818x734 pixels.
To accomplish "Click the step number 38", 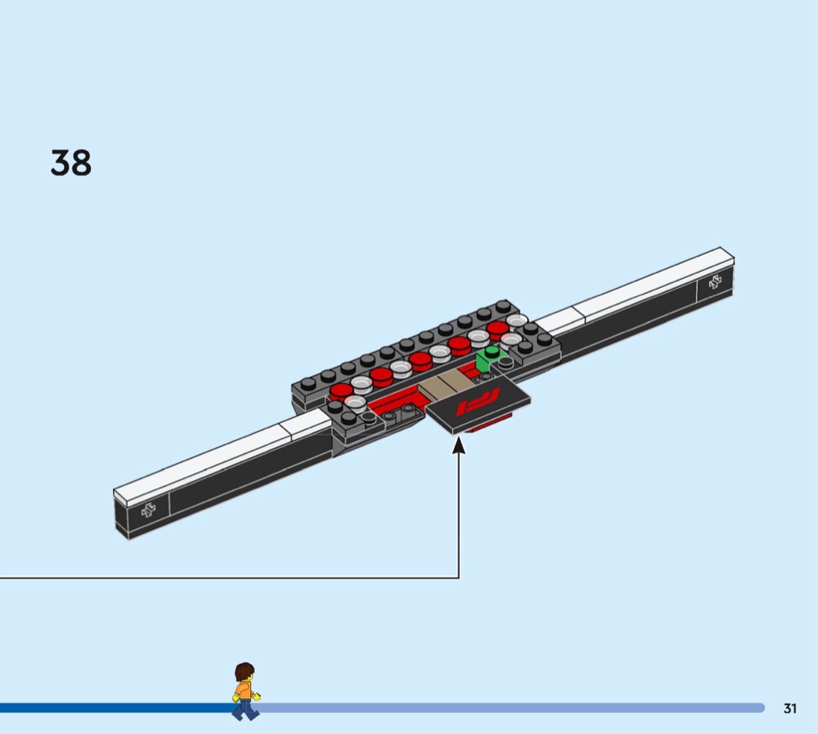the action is coord(71,163).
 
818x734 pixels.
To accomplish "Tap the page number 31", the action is coord(790,708).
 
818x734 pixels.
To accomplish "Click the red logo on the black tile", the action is coord(478,401).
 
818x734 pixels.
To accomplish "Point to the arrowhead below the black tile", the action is coord(459,445).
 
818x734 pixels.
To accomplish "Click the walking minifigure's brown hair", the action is coord(244,672).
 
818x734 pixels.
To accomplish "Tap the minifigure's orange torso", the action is coord(243,691).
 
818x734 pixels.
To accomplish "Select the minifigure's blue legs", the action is coord(245,711).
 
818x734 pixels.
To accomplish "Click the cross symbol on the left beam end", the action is coord(149,510).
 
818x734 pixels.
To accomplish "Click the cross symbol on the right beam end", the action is coord(715,282).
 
